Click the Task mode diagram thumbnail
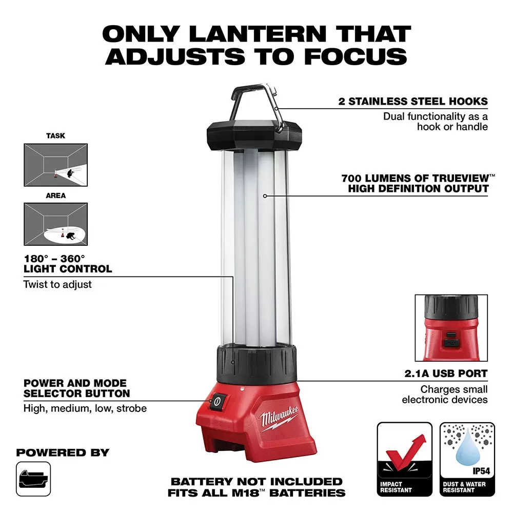pos(55,165)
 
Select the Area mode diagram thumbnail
pos(55,224)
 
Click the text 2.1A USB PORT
pos(444,373)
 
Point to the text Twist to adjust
pos(57,284)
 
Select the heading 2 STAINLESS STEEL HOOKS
pos(412,101)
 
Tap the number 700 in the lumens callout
pos(353,179)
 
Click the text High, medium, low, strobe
pos(85,408)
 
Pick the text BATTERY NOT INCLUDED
pos(256,481)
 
